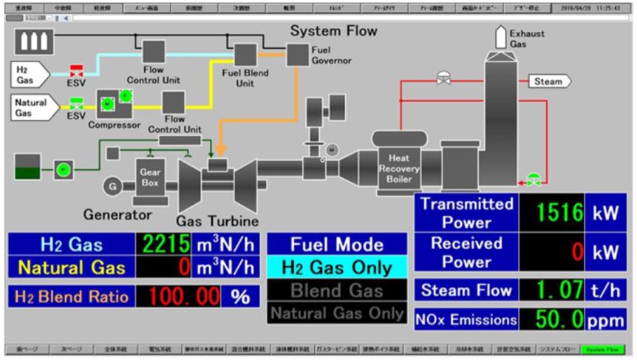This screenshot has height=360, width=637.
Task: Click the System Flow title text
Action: coord(333,31)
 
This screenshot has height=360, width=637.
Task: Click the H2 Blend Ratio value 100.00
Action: coord(184,296)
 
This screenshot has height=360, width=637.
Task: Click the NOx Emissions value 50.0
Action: coord(551,320)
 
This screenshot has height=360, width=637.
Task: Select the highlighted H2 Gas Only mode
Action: coord(336,267)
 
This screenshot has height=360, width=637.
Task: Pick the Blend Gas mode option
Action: coord(336,290)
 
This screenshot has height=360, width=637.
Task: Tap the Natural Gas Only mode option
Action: coord(336,313)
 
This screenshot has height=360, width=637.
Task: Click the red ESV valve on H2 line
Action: coord(76,72)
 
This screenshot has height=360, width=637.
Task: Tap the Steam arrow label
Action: coord(548,81)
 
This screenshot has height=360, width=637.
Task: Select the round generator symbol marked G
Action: coord(112,186)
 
